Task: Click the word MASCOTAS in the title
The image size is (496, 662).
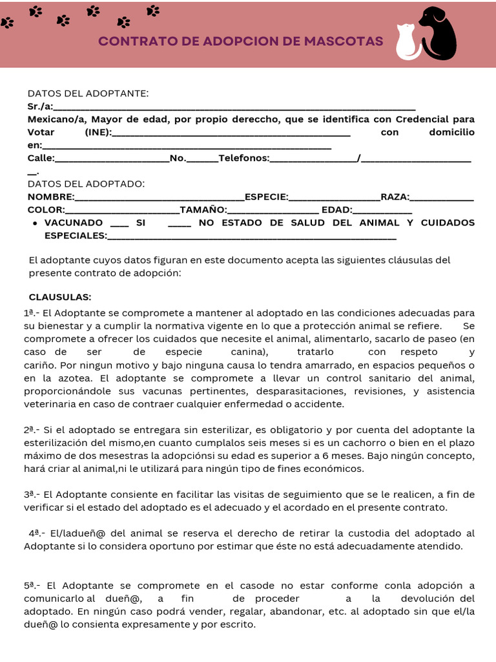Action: [348, 41]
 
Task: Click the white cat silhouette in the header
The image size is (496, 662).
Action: [407, 42]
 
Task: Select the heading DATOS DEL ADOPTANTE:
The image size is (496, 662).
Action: [88, 94]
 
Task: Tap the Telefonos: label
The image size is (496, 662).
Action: [243, 158]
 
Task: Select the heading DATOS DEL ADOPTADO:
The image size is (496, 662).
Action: [86, 184]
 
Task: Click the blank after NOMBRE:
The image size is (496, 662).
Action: [160, 197]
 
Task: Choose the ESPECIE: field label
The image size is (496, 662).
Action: [266, 197]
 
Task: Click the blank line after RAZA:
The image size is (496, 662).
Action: [442, 197]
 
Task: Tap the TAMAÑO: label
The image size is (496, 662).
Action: [203, 210]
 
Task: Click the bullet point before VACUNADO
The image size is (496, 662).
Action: [34, 223]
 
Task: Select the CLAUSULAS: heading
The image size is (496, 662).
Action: [60, 297]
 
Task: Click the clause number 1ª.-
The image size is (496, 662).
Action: [32, 313]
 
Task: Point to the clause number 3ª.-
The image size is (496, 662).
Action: [33, 495]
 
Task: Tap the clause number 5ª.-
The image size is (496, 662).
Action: [33, 585]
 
